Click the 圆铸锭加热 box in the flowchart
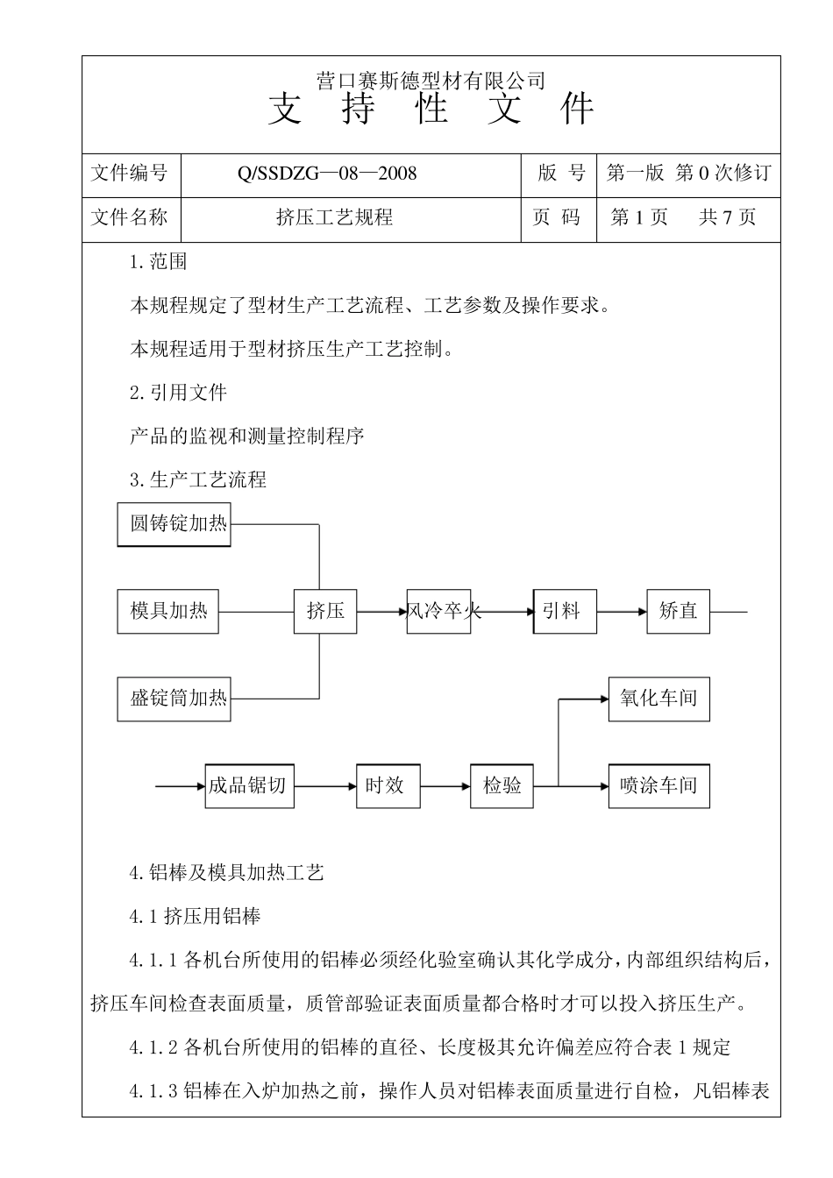click(x=174, y=524)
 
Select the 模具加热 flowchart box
click(x=167, y=611)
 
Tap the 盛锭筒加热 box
click(x=174, y=699)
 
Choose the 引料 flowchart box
click(x=564, y=611)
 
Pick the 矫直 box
click(x=678, y=611)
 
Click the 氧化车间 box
click(x=659, y=699)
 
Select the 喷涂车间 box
click(x=659, y=785)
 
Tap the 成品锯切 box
click(x=248, y=785)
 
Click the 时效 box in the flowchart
click(x=388, y=785)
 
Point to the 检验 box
click(x=502, y=785)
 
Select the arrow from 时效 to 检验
click(x=445, y=786)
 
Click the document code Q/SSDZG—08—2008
click(x=327, y=174)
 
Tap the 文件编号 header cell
click(x=130, y=174)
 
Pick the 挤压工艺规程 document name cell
click(x=334, y=218)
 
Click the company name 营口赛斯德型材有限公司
click(x=431, y=82)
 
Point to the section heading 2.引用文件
click(x=178, y=393)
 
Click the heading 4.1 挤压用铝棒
click(x=195, y=917)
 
